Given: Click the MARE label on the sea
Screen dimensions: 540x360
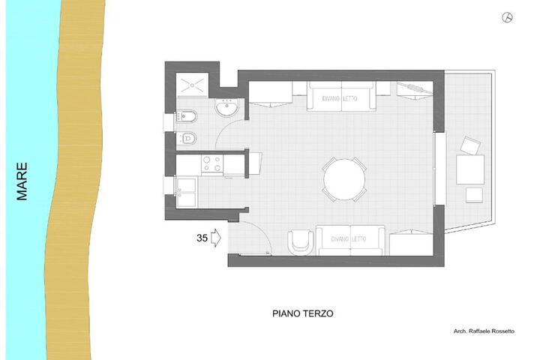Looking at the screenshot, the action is point(22,181).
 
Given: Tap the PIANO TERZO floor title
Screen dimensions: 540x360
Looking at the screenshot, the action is point(303,313).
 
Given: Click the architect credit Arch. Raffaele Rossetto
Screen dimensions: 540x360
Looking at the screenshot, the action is point(484,331).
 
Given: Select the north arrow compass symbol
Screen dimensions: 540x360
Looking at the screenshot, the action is point(507,17).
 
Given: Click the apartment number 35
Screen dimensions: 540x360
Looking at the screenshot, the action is point(202,238).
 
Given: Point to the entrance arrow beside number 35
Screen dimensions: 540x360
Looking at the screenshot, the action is point(215,238).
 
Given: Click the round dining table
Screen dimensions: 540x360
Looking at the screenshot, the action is point(344,179).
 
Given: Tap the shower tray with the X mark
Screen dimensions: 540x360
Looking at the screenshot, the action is point(192,85).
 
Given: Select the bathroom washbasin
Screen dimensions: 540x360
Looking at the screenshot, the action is point(227,107).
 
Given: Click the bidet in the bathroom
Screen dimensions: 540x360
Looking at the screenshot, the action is point(186,117).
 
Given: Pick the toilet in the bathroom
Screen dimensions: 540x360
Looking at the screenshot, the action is point(186,139).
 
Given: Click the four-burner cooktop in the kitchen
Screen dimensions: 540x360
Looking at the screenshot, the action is point(212,163).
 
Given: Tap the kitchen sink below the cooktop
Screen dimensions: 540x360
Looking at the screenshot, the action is point(186,193).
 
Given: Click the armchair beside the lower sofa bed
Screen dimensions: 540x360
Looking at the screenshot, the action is point(301,242).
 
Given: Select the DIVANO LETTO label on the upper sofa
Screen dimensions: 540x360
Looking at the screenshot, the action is point(340,98).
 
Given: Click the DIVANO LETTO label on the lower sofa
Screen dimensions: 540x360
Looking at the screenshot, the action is point(348,238).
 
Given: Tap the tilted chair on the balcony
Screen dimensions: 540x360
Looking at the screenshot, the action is point(470,145).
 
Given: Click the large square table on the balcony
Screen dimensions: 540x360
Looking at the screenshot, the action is point(470,169).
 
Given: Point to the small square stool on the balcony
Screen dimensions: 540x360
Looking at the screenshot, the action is point(474,195).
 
